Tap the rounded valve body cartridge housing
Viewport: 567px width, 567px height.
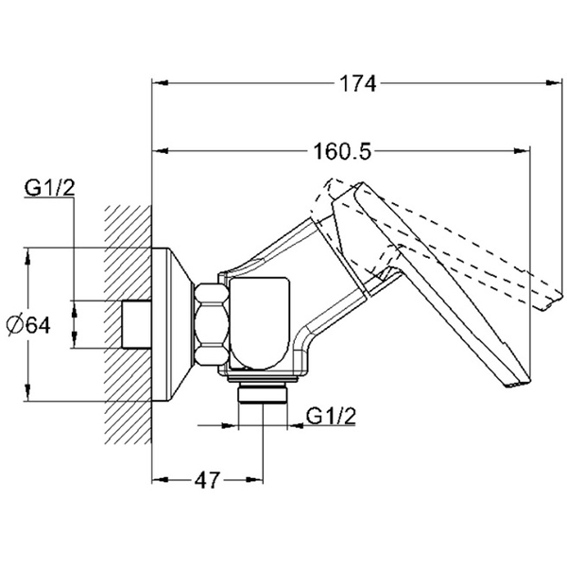[x=259, y=321]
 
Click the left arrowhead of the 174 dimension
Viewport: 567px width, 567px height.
[x=160, y=84]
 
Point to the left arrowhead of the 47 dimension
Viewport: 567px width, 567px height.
[x=160, y=480]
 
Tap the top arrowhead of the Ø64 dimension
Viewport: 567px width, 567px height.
[x=29, y=254]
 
